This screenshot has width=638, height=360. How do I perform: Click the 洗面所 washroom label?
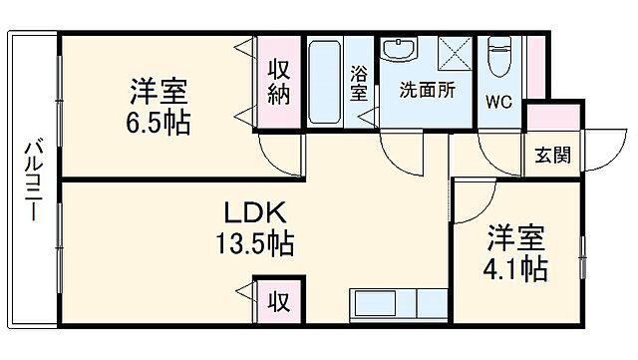(x=427, y=89)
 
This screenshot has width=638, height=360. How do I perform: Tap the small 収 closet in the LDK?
(x=280, y=298)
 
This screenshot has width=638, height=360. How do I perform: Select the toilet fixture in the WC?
(x=499, y=58)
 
